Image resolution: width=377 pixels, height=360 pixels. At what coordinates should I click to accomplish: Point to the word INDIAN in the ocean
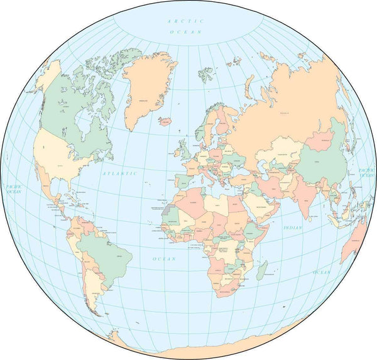coord(293,227)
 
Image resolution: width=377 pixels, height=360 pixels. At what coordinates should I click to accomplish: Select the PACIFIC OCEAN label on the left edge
coord(13,188)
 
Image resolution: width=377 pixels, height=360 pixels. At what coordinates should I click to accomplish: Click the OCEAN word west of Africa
coord(164,258)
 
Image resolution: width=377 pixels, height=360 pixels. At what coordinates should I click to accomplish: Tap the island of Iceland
coord(165,120)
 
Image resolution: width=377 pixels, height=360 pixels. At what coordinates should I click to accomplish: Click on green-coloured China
coord(324,165)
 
